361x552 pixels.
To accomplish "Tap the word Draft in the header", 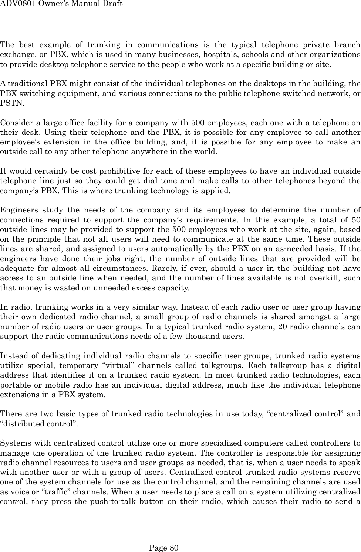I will (x=111, y=4).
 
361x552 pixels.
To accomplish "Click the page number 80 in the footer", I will (x=174, y=548).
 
